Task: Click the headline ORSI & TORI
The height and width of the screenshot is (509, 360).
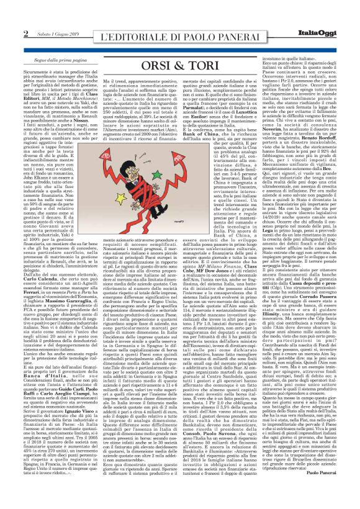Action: [x=180, y=66]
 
